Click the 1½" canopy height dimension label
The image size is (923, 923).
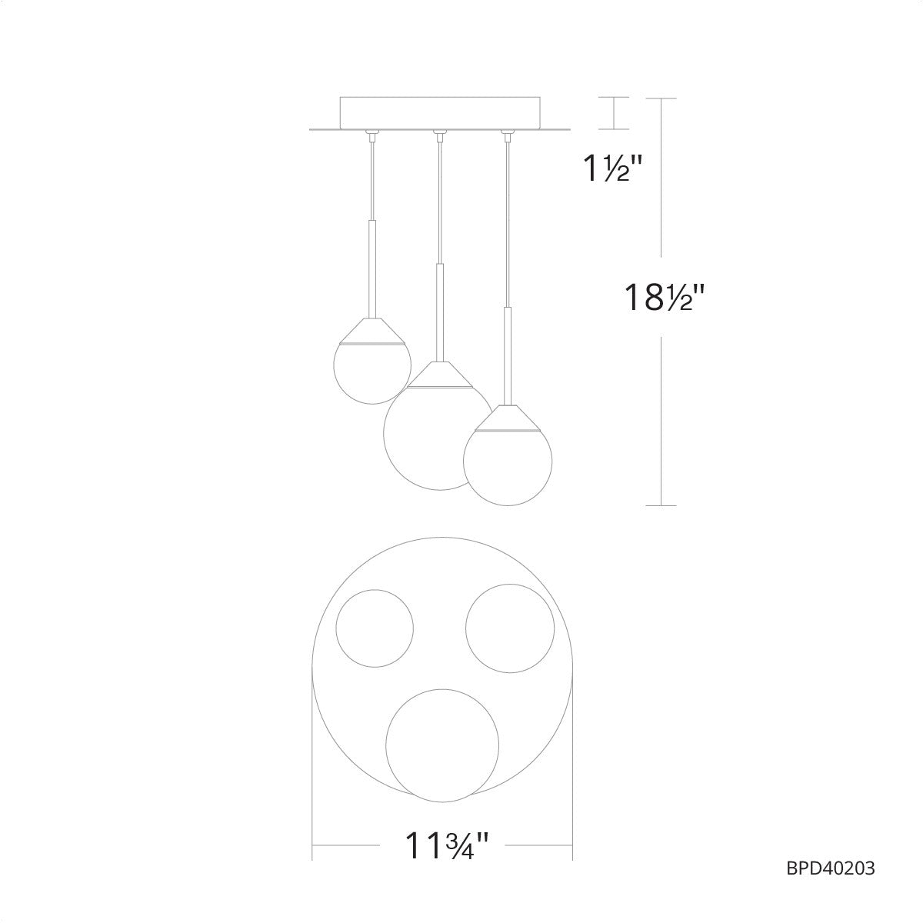(611, 168)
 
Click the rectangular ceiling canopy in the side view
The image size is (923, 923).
(440, 113)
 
